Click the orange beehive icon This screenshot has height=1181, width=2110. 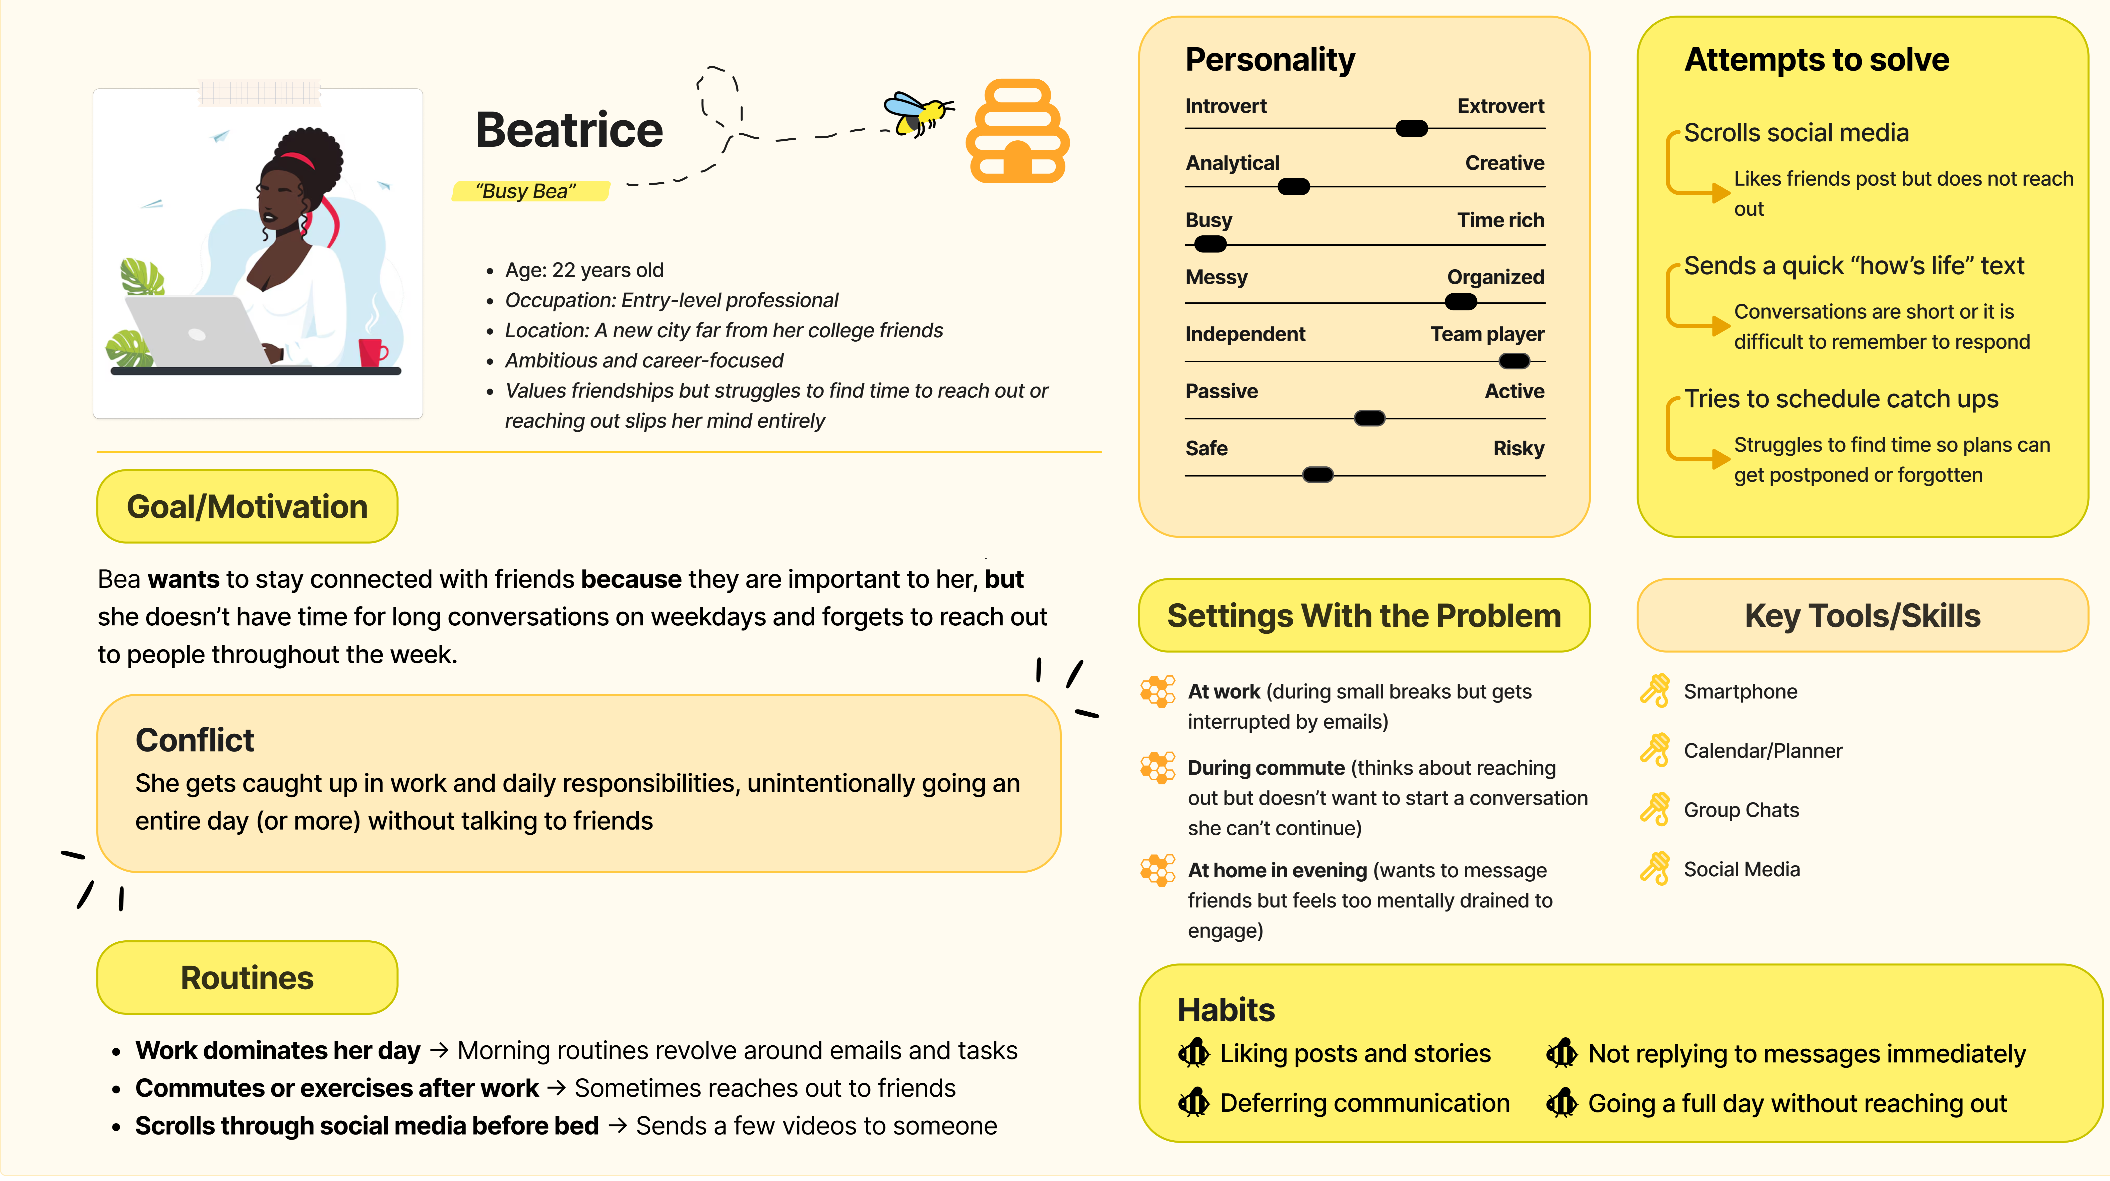[1017, 131]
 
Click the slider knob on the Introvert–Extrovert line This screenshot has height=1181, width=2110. [1411, 129]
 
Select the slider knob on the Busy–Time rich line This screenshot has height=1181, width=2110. [1210, 244]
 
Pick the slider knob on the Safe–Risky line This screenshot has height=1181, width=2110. [1317, 474]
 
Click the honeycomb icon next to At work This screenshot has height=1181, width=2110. [1157, 691]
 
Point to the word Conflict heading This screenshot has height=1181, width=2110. [195, 740]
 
